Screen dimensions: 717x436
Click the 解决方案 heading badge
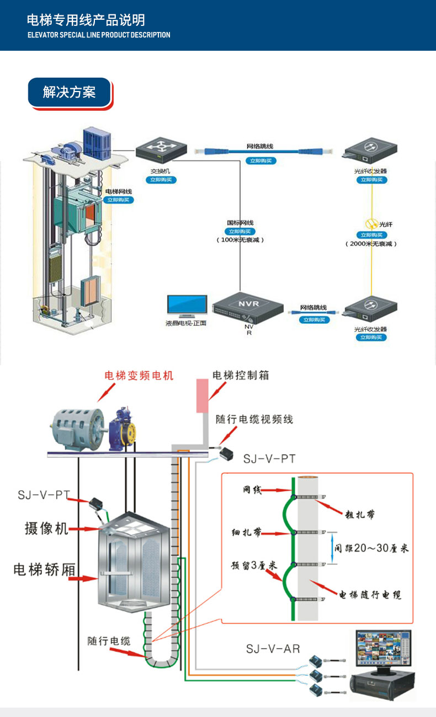pyautogui.click(x=70, y=92)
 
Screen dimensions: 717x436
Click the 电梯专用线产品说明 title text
pyautogui.click(x=86, y=20)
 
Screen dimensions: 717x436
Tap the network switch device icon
pyautogui.click(x=162, y=149)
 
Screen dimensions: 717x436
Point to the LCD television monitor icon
pyautogui.click(x=187, y=306)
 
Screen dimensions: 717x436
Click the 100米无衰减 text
pyautogui.click(x=240, y=240)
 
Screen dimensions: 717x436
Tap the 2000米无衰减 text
pyautogui.click(x=371, y=243)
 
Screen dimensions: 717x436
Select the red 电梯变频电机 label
pyautogui.click(x=139, y=376)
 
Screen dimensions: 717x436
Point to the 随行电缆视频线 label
pyautogui.click(x=254, y=420)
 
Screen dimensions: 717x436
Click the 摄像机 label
pyautogui.click(x=46, y=528)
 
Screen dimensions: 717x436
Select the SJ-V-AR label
pyautogui.click(x=273, y=649)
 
